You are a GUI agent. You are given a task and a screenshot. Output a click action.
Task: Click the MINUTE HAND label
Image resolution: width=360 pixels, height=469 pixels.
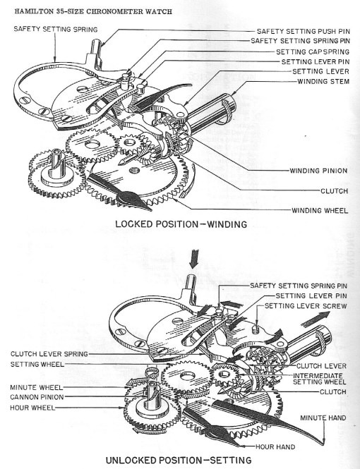coord(323,418)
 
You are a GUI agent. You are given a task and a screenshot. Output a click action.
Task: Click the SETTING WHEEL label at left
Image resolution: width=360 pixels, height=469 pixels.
coord(38,364)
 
